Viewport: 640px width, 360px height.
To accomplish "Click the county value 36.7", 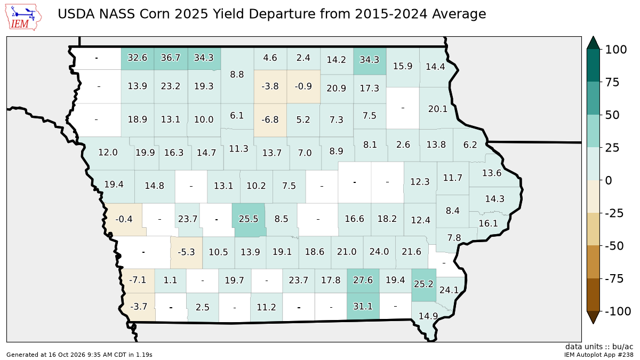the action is point(171,58).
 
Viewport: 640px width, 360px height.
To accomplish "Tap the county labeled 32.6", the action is point(138,58).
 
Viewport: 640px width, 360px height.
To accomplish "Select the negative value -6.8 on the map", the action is point(270,119).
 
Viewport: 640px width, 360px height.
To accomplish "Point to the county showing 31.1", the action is point(363,306).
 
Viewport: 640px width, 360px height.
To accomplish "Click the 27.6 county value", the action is point(363,280).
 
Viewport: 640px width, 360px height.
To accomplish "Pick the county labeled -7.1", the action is point(138,279).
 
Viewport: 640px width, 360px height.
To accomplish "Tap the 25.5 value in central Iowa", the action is point(249,219).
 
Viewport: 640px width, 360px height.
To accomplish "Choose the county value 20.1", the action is point(438,109).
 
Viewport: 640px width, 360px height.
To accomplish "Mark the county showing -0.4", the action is point(124,219).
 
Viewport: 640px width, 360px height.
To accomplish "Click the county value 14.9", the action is point(428,316).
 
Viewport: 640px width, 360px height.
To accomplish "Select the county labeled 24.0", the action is point(379,252).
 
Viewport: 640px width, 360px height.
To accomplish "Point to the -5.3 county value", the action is point(186,252).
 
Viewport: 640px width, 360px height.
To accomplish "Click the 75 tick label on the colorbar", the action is point(612,82).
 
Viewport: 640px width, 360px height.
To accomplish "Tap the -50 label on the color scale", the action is point(614,246).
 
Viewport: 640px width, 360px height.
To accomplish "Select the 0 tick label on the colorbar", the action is point(609,181).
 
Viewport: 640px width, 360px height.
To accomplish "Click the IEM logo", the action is point(23,17).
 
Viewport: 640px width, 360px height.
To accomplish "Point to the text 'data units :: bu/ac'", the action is point(599,347).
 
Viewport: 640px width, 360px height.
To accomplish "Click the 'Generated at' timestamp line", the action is point(79,355).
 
